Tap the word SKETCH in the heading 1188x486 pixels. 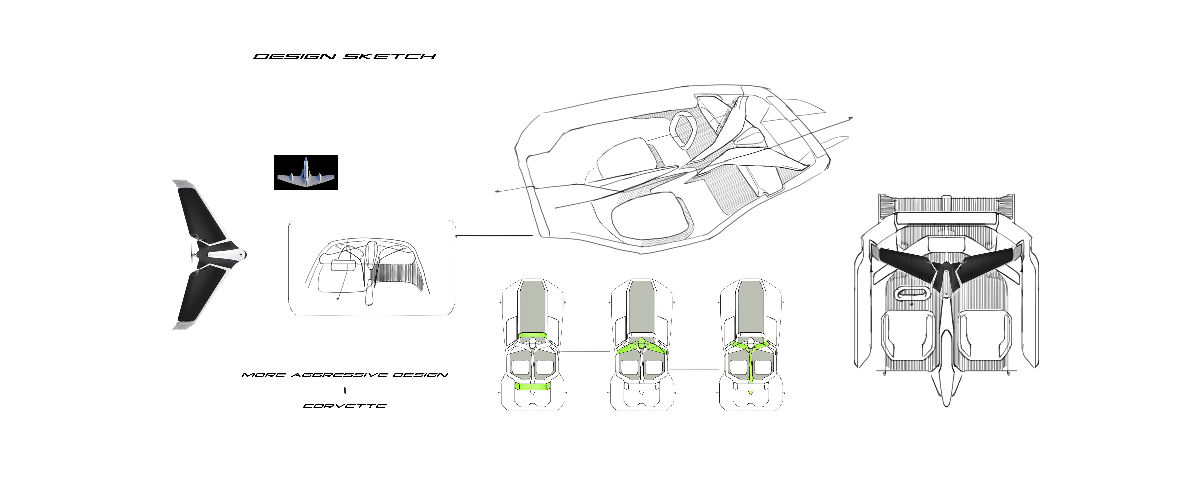click(390, 57)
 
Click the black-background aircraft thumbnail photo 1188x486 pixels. click(306, 172)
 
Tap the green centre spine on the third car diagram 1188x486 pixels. click(750, 367)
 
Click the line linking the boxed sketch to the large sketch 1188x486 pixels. click(493, 236)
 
